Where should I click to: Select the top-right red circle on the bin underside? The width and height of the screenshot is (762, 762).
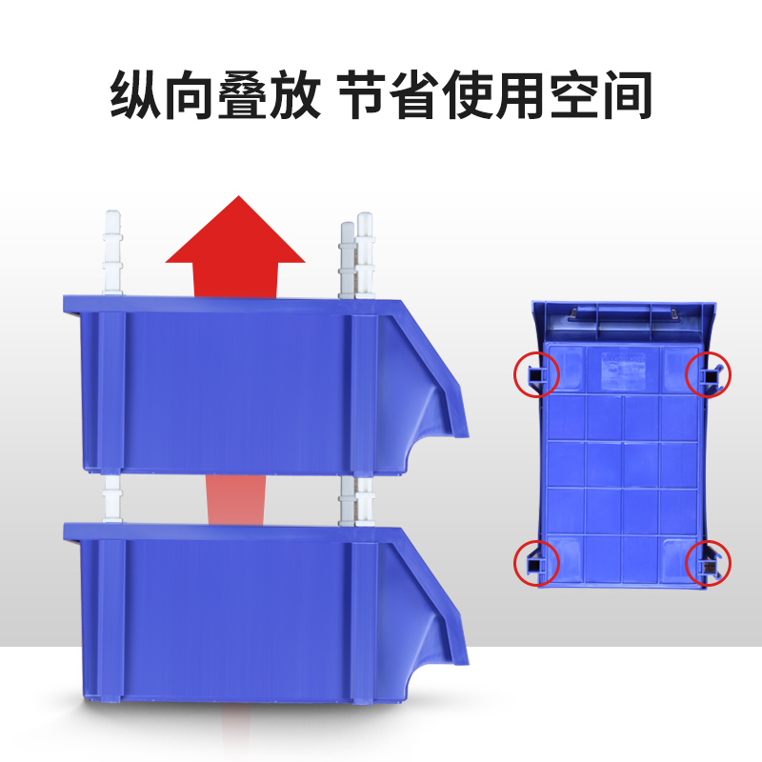tap(709, 373)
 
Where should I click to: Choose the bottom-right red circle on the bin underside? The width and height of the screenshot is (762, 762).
tap(709, 562)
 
